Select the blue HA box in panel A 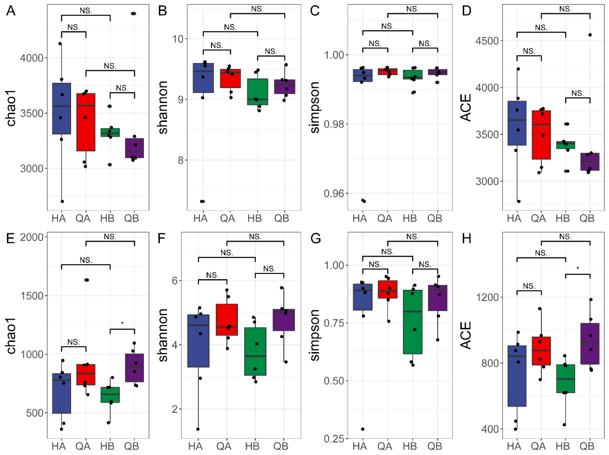tap(62, 109)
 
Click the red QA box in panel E tap(86, 375)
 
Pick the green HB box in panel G tap(412, 322)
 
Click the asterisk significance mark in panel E tap(123, 323)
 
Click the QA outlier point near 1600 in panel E tap(86, 280)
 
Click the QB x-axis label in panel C tap(435, 218)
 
